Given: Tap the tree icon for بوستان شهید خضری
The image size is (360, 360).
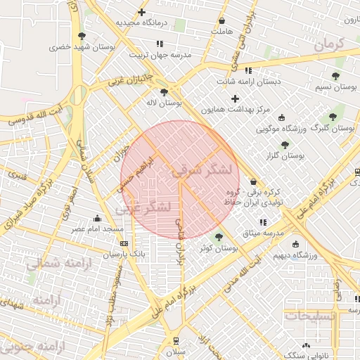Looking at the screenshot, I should (x=83, y=35).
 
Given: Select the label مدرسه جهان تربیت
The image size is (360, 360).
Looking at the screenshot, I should (x=157, y=54).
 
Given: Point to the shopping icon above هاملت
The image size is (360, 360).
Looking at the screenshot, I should (x=222, y=21).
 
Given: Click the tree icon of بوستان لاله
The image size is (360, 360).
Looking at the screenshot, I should (x=164, y=91).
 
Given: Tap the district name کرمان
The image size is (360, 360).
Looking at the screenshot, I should (x=328, y=44).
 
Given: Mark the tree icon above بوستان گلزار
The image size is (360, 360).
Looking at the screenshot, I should (x=285, y=146).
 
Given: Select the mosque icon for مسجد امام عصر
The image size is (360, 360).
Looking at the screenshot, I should (x=96, y=218).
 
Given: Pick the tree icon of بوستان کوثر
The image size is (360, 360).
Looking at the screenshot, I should (x=219, y=237).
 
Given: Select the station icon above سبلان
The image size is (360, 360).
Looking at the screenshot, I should (x=175, y=340).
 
